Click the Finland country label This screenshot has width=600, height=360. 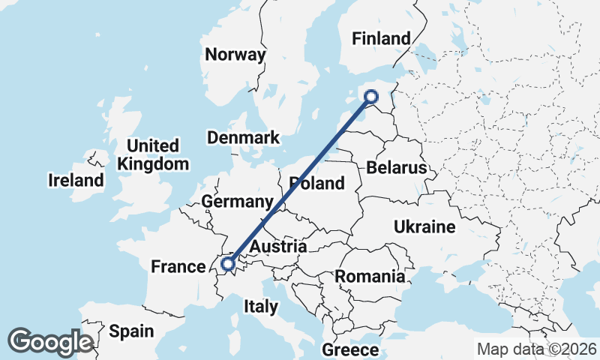tap(382, 38)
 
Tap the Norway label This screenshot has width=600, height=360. tap(235, 54)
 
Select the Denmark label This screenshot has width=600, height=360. tap(243, 137)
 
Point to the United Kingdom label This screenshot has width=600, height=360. tap(153, 154)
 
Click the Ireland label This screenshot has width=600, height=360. tap(76, 180)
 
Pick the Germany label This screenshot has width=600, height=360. tap(236, 202)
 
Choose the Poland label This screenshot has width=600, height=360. tap(317, 183)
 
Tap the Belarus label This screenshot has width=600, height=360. tap(396, 167)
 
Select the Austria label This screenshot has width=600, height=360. tap(278, 246)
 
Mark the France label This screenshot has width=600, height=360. tap(178, 266)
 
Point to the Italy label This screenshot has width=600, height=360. tap(261, 306)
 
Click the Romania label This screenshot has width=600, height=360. tap(370, 276)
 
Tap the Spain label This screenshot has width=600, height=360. tap(131, 331)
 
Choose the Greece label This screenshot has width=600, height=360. tap(350, 349)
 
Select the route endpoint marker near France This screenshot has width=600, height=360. tap(227, 263)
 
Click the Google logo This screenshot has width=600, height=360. tap(50, 342)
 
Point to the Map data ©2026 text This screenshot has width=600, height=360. tap(537, 349)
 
